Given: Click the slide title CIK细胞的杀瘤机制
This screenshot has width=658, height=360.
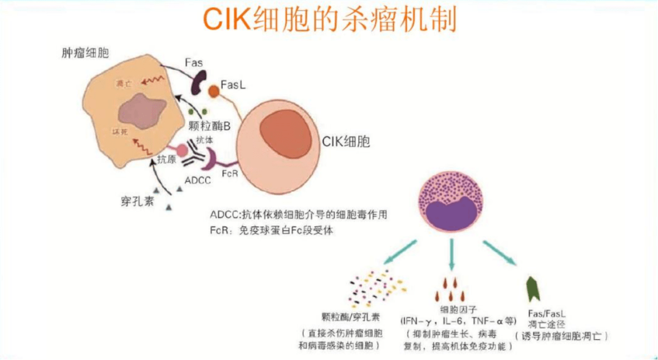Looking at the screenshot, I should coord(329,20).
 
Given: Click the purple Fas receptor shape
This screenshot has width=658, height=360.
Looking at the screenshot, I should coord(198,82).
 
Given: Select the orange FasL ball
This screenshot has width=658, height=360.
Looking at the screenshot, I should coord(214,92).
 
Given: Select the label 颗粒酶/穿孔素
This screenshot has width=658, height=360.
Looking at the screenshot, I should coord(350,317).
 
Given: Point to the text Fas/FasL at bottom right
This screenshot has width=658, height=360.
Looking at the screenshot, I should coord(547,313).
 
